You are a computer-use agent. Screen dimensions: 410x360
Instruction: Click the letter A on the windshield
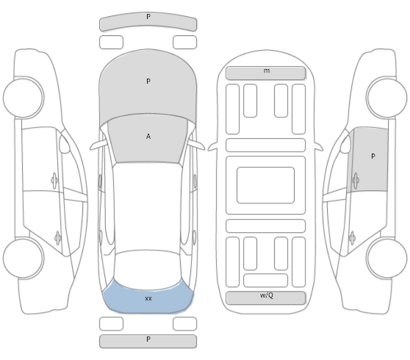pos(148,137)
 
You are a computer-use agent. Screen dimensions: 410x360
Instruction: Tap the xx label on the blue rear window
pos(148,298)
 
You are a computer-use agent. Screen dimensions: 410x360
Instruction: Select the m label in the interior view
pos(267,71)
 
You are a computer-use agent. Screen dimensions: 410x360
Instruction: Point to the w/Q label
pos(267,295)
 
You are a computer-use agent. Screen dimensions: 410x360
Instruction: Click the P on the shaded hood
pos(148,82)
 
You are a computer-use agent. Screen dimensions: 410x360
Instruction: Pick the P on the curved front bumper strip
pos(148,17)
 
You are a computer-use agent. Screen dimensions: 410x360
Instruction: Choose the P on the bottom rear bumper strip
pos(148,339)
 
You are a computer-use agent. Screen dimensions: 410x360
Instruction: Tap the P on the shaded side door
pos(373,156)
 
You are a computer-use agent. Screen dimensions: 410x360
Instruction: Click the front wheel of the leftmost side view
pos(24,97)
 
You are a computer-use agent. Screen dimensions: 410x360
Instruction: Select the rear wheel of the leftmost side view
pos(24,259)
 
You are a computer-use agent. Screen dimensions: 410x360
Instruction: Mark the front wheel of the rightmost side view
pos(386,97)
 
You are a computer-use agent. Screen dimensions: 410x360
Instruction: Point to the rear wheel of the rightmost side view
pos(386,259)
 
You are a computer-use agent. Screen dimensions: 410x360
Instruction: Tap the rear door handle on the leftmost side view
pos(58,238)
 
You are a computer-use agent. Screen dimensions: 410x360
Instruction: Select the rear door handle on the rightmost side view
pos(352,238)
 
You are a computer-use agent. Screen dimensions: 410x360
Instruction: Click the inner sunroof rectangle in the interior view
pos(266,185)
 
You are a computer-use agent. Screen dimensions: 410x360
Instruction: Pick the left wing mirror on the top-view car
pos(98,145)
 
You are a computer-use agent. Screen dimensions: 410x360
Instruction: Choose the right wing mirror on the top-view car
pos(197,145)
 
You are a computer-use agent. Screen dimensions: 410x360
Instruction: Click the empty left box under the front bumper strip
pos(111,42)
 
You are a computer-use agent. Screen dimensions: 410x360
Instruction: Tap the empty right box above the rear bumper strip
pos(184,324)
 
